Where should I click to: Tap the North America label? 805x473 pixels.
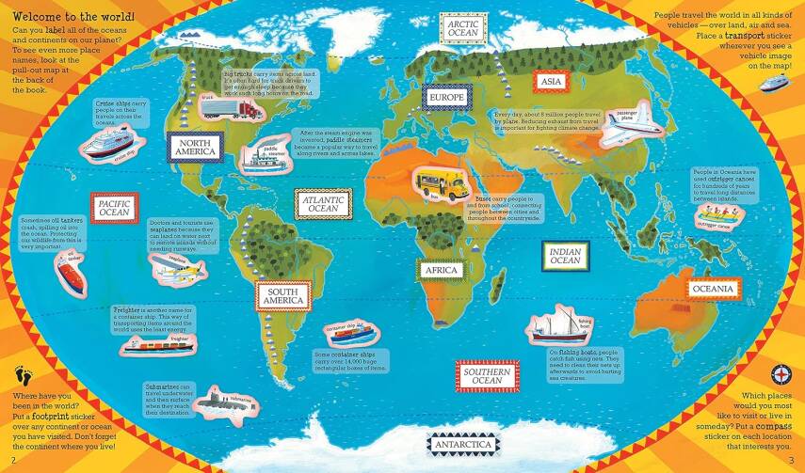tap(196, 146)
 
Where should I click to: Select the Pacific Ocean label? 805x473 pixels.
tap(114, 208)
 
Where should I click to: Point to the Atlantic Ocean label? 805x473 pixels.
tap(323, 203)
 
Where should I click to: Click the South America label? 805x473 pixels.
tap(283, 296)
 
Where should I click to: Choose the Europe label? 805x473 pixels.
tap(447, 98)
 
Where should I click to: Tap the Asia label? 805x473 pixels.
tap(551, 83)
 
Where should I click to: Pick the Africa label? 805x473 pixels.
tap(441, 271)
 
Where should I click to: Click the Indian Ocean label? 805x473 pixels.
tap(565, 255)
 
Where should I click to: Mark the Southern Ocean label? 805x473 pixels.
tap(486, 375)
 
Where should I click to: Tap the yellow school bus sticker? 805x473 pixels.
tap(441, 183)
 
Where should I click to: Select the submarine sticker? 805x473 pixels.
tap(225, 399)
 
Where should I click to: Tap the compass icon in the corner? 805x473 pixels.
tap(780, 371)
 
